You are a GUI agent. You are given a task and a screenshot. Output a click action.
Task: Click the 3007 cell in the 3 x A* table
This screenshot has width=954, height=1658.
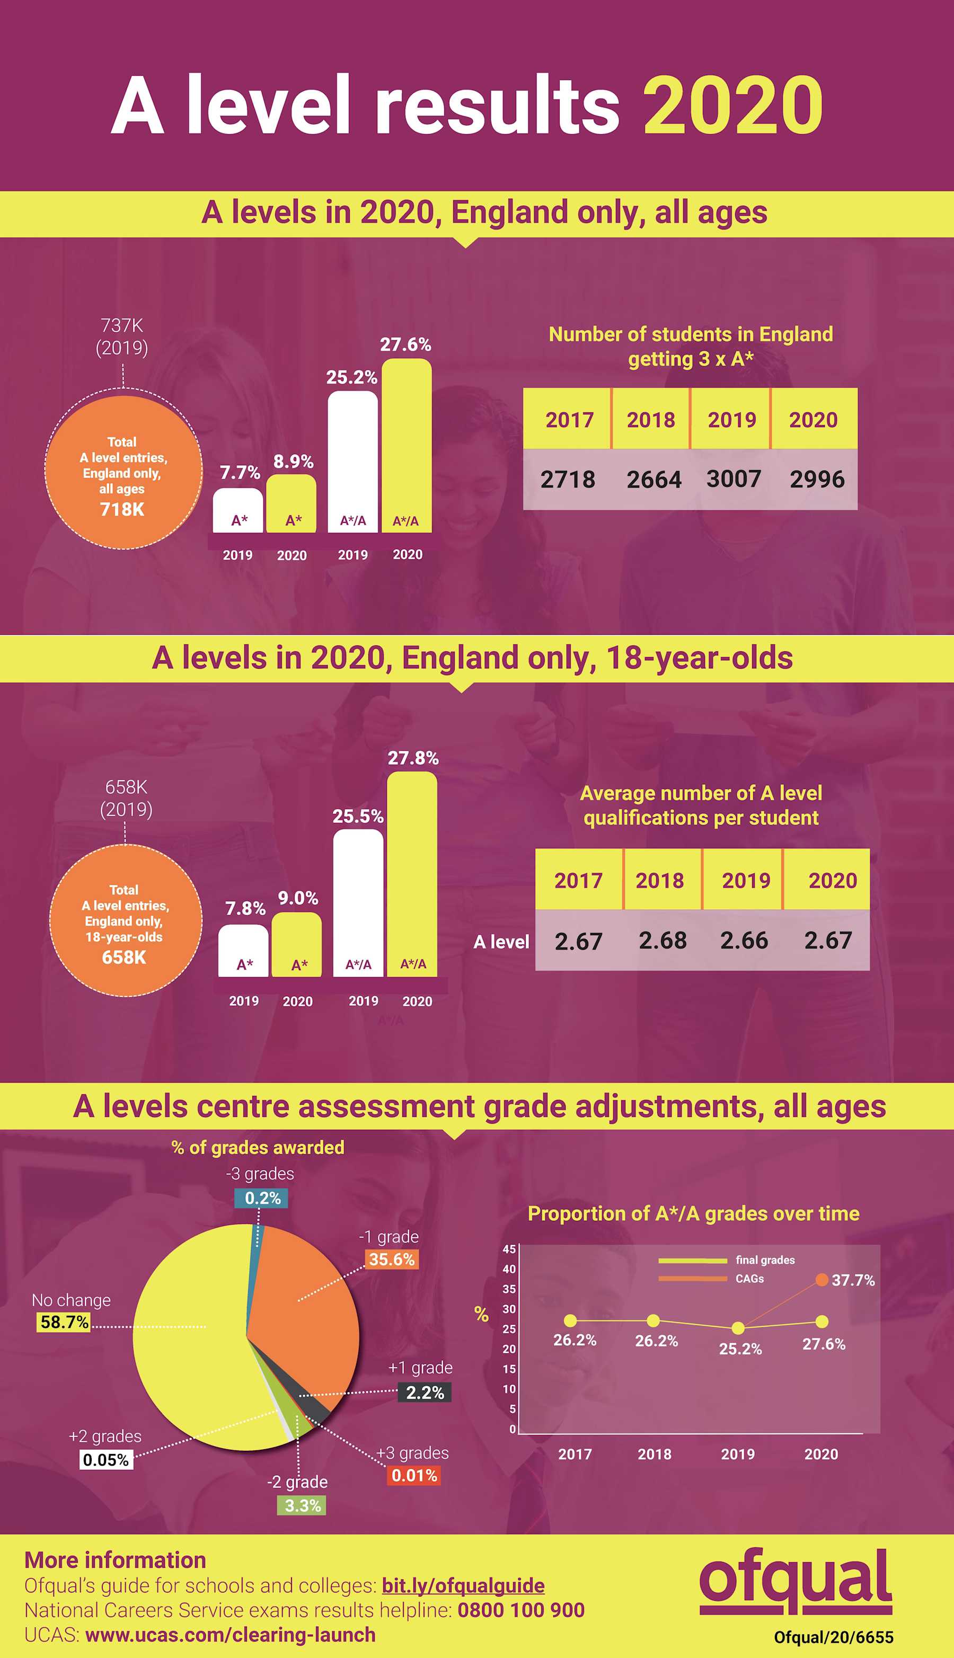(733, 479)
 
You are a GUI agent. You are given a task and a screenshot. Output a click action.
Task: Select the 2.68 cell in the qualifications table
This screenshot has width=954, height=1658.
(662, 941)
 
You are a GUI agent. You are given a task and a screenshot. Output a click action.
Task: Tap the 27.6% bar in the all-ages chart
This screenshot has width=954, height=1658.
(406, 446)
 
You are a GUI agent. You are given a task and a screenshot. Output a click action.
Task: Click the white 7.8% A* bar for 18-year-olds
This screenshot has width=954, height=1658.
(243, 950)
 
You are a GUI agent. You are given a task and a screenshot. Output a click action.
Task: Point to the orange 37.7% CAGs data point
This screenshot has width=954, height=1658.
(821, 1279)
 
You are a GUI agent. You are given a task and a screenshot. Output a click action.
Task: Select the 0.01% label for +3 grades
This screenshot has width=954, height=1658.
(414, 1475)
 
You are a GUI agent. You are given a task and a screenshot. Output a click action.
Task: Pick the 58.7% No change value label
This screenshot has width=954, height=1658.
(64, 1322)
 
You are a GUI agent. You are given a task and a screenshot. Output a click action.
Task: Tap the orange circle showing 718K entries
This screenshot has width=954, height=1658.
(123, 472)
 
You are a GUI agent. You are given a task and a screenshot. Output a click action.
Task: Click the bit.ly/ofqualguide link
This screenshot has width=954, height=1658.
(463, 1585)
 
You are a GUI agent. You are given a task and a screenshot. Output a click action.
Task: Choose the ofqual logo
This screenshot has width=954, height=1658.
(796, 1581)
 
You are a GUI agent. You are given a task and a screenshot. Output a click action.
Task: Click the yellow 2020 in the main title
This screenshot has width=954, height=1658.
(732, 105)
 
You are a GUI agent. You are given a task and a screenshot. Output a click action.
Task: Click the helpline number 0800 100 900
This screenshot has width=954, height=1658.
(521, 1610)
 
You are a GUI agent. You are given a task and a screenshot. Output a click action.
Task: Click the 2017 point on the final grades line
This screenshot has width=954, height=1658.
(571, 1320)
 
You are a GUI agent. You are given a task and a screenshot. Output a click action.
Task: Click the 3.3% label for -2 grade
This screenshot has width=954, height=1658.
(302, 1505)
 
